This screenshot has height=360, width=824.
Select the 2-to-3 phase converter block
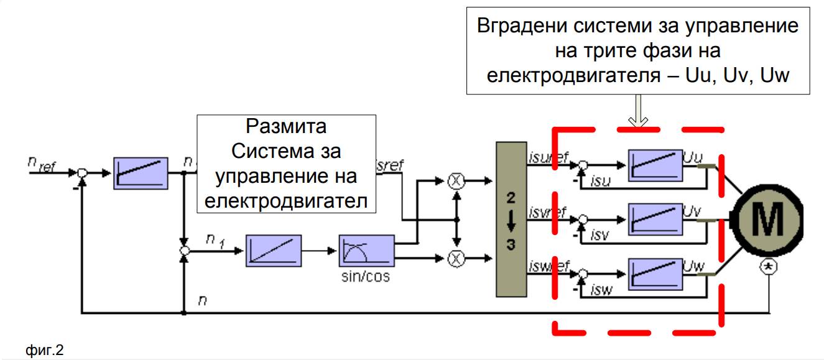point(511,219)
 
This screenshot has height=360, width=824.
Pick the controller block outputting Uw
point(654,274)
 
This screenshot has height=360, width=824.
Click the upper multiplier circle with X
point(456,180)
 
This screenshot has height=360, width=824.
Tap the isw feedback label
point(601,290)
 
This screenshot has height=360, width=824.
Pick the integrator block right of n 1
point(273,251)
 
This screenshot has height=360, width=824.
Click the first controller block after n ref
point(141,173)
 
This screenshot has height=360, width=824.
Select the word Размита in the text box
point(286,127)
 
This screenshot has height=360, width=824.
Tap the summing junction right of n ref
point(82,172)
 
